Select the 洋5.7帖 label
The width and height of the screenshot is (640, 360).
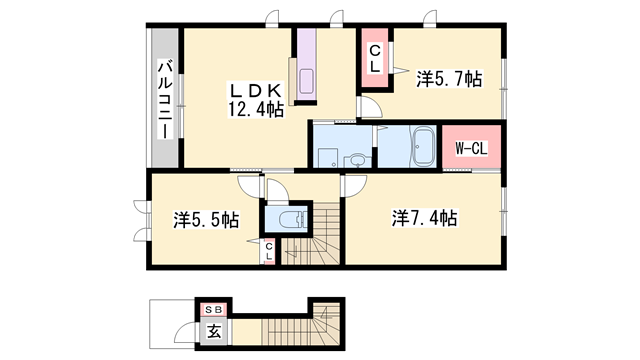pos(449,78)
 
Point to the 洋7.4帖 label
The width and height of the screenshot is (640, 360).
pos(424,217)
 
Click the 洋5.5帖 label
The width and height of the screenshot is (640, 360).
pos(205,219)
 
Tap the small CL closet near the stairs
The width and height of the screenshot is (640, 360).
pos(269,253)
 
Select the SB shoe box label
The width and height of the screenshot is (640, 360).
pos(213,310)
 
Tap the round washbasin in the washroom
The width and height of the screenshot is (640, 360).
pos(357,160)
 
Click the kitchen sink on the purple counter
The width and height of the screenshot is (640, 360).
pos(305,81)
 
